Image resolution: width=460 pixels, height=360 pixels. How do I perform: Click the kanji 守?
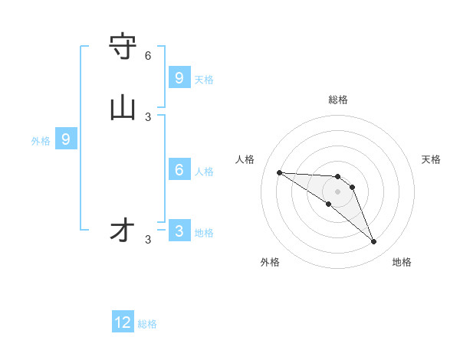123,47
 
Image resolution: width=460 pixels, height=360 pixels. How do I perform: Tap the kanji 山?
123,108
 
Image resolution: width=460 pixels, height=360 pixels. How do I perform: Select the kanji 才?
123,230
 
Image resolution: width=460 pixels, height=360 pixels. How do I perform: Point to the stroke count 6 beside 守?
148,56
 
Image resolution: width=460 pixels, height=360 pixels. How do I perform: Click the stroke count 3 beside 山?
148,116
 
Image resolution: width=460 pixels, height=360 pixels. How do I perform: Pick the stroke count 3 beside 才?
148,239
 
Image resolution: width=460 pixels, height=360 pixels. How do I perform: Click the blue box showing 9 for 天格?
179,77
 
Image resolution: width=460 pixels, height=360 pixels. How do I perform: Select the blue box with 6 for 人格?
179,169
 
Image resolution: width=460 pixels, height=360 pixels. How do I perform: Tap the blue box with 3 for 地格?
179,231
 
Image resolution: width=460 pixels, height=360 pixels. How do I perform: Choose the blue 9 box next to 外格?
66,139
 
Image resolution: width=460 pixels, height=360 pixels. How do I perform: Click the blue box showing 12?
123,322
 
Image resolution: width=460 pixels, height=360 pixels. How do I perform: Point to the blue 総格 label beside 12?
147,324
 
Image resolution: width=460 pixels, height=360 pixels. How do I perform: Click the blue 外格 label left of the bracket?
41,141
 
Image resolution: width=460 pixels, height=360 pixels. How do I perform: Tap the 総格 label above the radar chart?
338,100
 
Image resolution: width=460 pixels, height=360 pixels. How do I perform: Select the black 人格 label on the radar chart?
245,159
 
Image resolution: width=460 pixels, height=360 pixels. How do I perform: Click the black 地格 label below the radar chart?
402,262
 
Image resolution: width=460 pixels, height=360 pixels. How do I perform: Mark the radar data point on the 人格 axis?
279,172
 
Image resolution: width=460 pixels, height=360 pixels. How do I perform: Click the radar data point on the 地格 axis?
373,242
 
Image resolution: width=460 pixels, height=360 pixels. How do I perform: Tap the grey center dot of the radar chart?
338,191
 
